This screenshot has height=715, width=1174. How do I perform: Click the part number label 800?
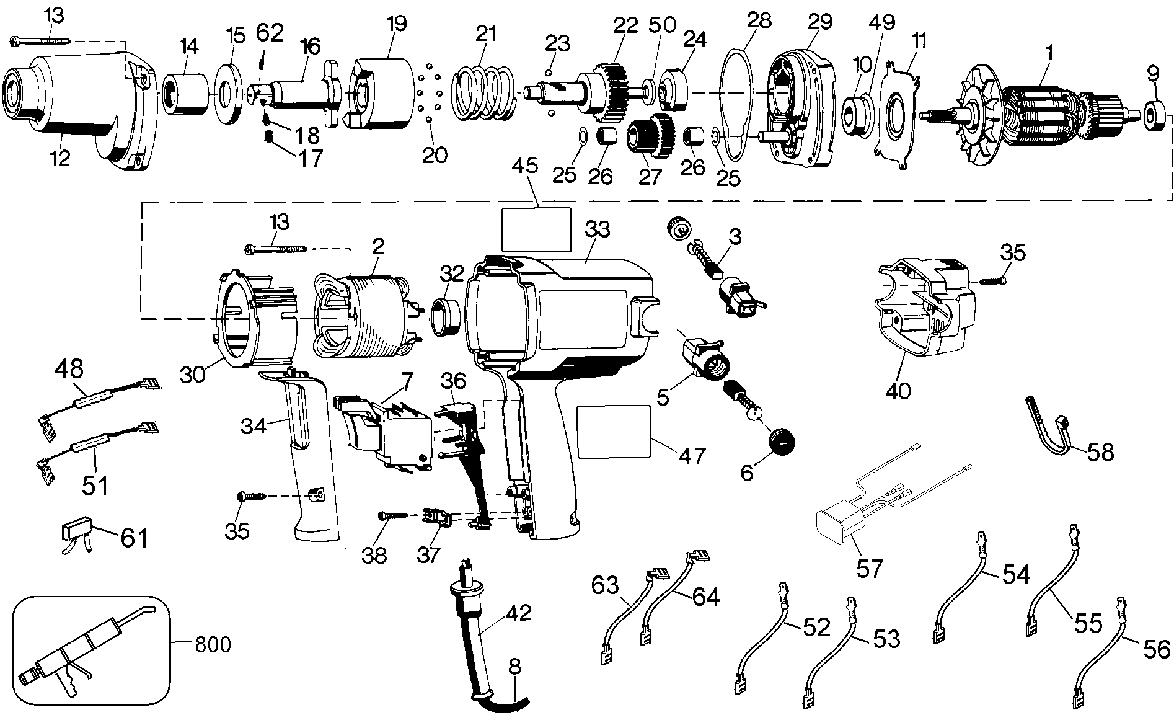click(213, 644)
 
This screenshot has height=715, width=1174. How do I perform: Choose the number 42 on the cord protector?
click(518, 613)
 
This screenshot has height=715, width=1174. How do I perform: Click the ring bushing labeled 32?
click(445, 316)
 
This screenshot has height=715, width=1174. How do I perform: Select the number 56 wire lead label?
click(1157, 649)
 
